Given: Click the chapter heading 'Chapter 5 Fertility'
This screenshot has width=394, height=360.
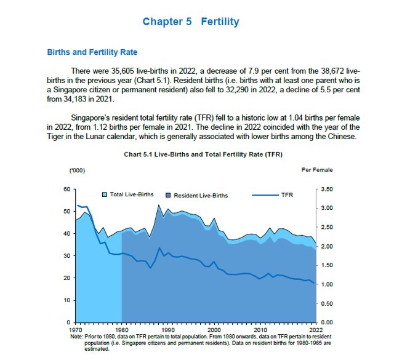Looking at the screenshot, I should click(x=191, y=22).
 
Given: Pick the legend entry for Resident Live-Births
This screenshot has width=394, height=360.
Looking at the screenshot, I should click(x=200, y=195).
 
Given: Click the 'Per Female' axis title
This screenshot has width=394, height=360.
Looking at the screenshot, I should click(x=317, y=169).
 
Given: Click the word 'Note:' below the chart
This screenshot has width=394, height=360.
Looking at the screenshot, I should click(x=77, y=335).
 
